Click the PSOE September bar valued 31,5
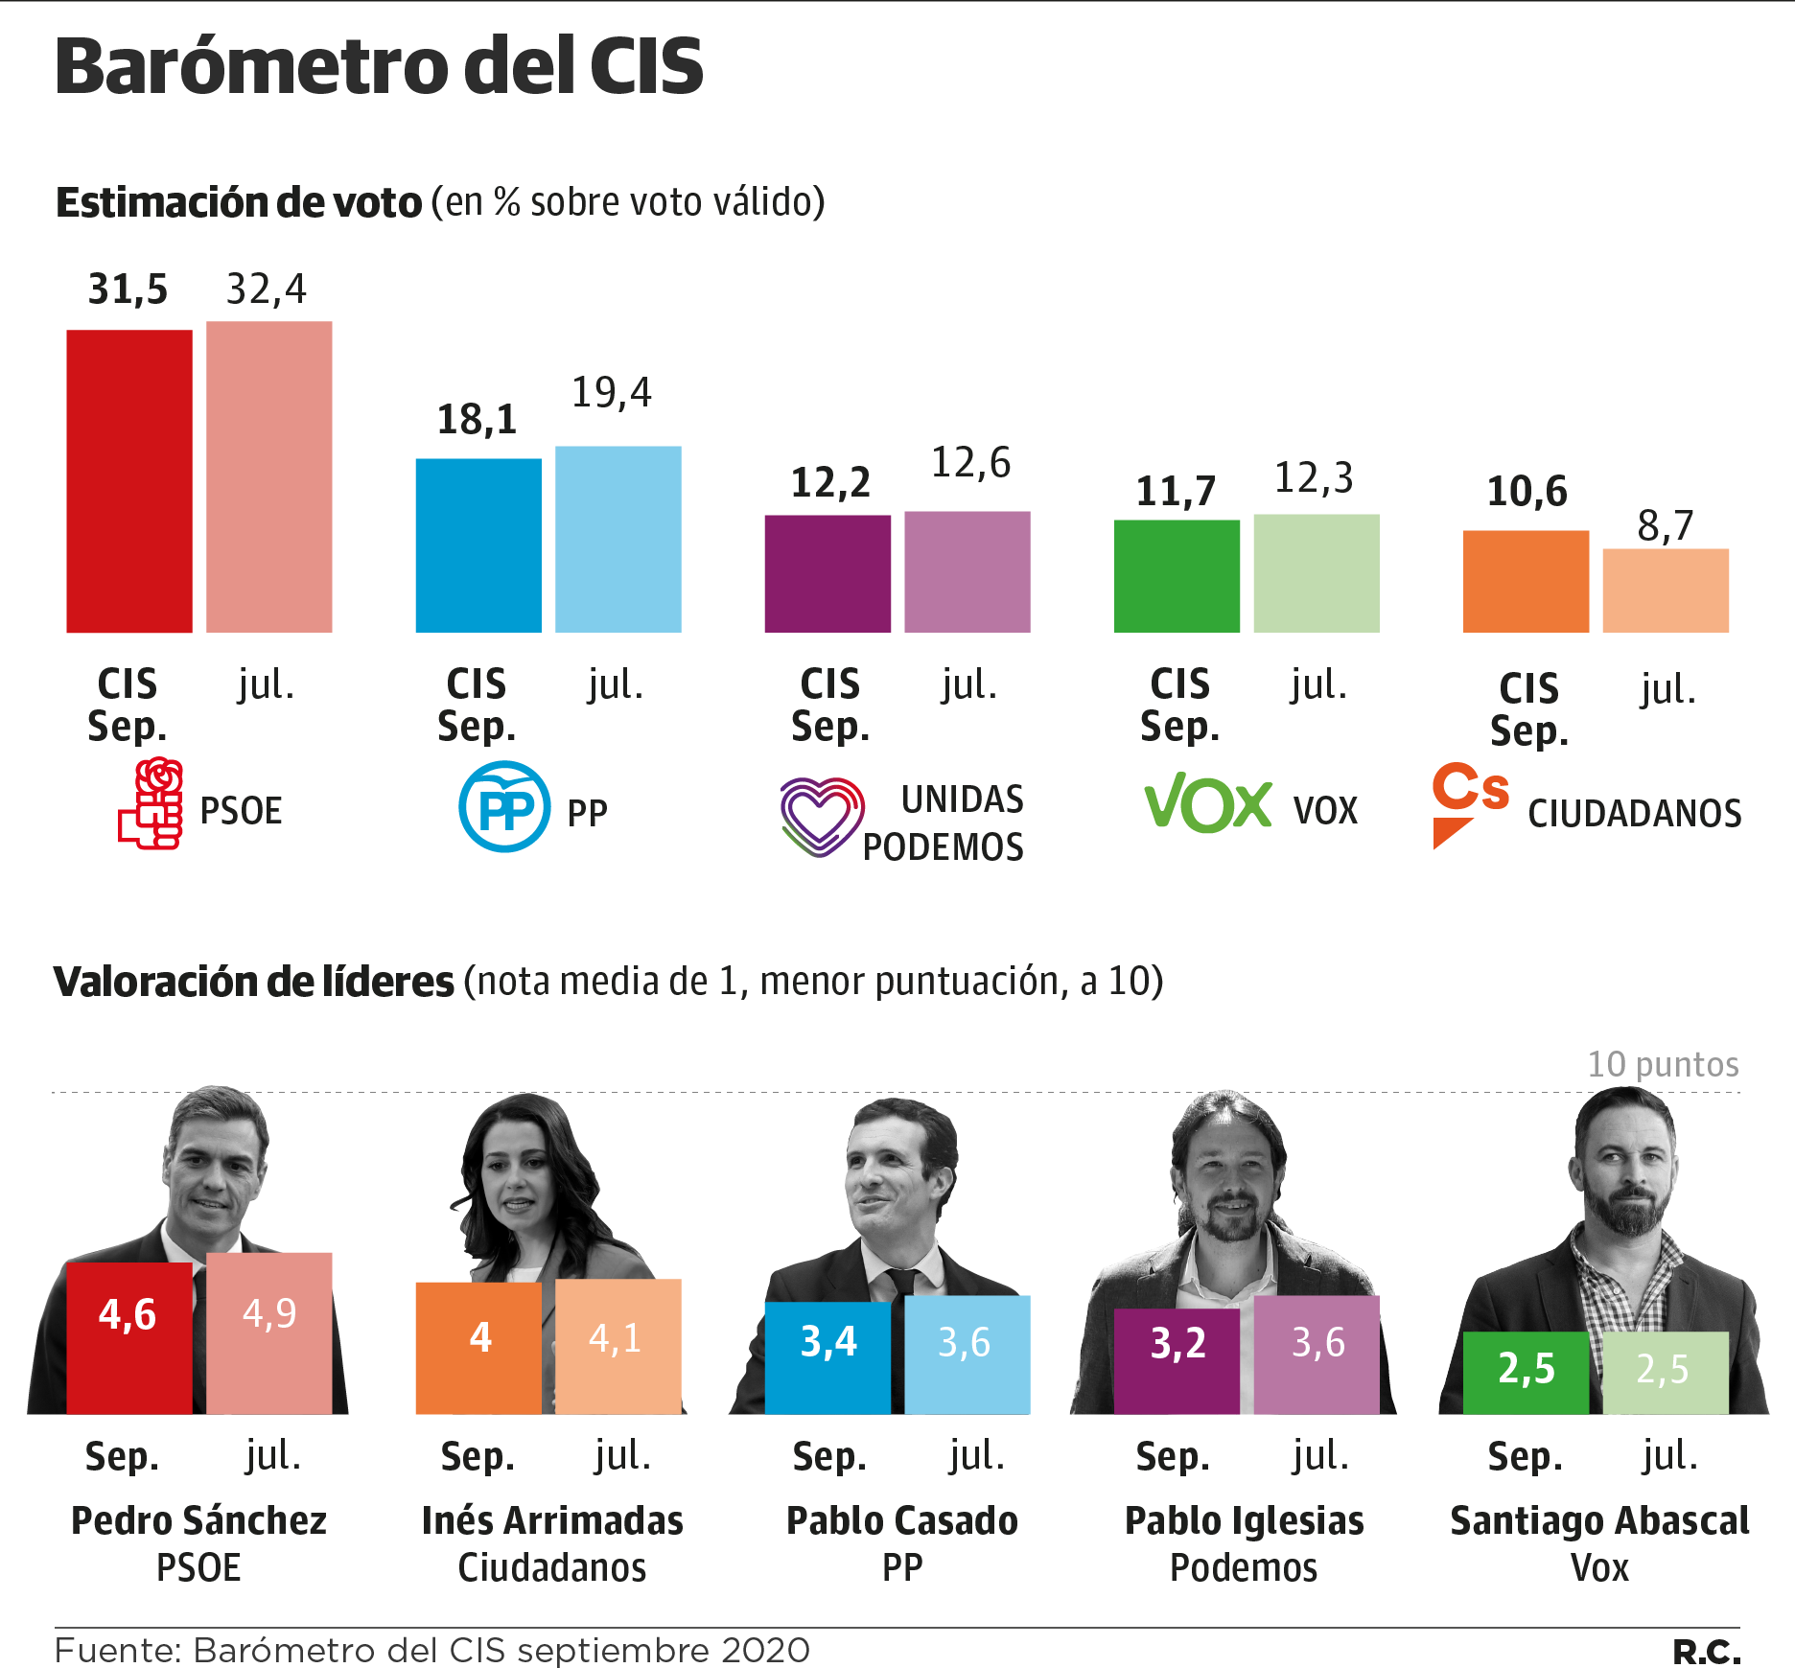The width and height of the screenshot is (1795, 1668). pyautogui.click(x=129, y=481)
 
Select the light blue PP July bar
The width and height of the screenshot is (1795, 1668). pyautogui.click(x=618, y=539)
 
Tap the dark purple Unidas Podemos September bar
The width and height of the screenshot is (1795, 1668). pyautogui.click(x=828, y=573)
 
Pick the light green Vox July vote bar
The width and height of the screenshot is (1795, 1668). pyautogui.click(x=1317, y=573)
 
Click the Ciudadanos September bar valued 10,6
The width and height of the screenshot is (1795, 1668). pyautogui.click(x=1526, y=581)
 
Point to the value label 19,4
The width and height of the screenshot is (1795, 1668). pyautogui.click(x=612, y=392)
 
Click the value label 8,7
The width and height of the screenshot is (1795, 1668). pyautogui.click(x=1666, y=525)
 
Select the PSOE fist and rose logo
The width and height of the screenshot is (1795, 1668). pyautogui.click(x=152, y=804)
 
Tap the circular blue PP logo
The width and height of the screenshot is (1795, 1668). pyautogui.click(x=504, y=806)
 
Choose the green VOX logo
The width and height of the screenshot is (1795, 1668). pyautogui.click(x=1208, y=802)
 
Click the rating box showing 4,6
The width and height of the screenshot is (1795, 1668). pyautogui.click(x=129, y=1337)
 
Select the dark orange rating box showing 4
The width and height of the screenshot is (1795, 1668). pyautogui.click(x=478, y=1347)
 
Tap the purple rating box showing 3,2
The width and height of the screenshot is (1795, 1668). pyautogui.click(x=1177, y=1355)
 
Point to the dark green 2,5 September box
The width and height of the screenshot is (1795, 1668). pyautogui.click(x=1526, y=1372)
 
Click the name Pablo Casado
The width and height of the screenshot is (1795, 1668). pyautogui.click(x=902, y=1521)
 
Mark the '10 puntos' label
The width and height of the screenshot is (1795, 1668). pyautogui.click(x=1663, y=1064)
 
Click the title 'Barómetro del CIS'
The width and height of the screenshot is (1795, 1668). pyautogui.click(x=380, y=66)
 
